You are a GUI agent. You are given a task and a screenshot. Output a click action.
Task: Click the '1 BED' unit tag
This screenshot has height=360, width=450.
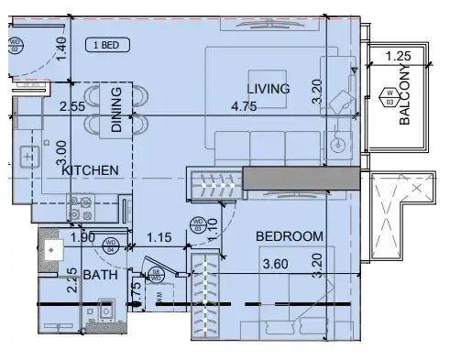tap(107, 44)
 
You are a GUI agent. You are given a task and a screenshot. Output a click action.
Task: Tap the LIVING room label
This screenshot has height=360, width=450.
tap(268, 89)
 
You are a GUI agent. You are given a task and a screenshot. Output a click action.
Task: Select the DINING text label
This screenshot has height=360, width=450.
tap(117, 110)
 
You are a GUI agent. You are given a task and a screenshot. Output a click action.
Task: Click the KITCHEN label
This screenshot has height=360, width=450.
tap(90, 170)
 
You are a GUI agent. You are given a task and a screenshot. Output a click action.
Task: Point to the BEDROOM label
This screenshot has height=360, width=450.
tap(289, 236)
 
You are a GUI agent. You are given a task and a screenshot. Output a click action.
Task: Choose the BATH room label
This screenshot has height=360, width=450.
tap(99, 275)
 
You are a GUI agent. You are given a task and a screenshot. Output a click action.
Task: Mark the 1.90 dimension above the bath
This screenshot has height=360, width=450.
tap(82, 237)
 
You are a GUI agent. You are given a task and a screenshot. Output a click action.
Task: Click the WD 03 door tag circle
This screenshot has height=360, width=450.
tap(196, 223)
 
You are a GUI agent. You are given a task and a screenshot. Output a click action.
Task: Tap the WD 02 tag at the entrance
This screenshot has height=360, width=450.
tap(15, 43)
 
